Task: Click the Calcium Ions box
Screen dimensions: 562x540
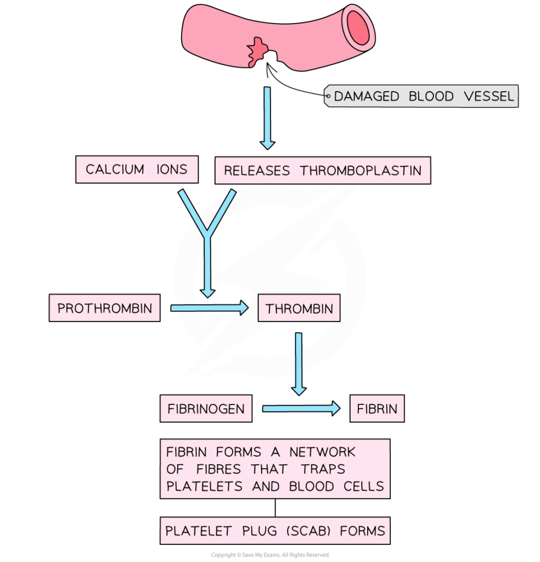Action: coord(137,170)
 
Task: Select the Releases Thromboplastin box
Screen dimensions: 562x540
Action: coord(323,171)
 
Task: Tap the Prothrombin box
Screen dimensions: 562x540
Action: coord(104,308)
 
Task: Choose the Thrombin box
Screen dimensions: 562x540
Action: coord(299,308)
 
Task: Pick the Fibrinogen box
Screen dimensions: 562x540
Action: coord(206,409)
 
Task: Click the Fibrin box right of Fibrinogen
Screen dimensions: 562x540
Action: coord(377,409)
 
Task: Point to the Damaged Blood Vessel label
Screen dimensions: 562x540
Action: coord(421,97)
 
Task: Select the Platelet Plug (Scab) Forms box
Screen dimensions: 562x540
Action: coord(275,531)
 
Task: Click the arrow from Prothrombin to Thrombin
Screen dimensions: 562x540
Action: coord(209,308)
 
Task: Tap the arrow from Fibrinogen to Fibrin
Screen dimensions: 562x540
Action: coord(301,408)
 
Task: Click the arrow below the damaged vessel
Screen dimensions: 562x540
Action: coord(267,117)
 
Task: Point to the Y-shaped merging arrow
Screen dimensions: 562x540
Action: coord(207,236)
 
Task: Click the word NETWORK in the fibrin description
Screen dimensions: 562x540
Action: coord(323,452)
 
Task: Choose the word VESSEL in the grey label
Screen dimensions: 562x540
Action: coord(488,97)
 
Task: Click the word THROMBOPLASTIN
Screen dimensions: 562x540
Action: coord(361,171)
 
